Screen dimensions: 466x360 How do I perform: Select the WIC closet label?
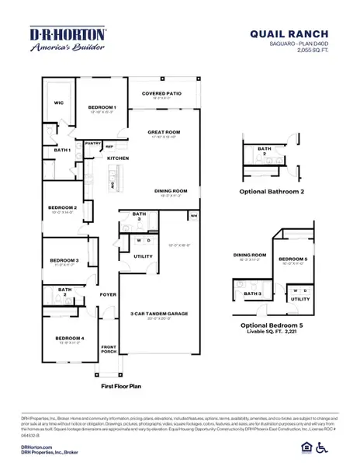tap(58, 102)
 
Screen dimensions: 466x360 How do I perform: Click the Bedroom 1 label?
tap(102, 107)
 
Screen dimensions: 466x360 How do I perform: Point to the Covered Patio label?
tap(161, 93)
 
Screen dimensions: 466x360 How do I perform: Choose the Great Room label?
tap(164, 132)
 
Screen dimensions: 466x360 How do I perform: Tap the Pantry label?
tap(93, 143)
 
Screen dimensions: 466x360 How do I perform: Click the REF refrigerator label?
tap(109, 146)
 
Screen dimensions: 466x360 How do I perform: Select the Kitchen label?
tap(118, 158)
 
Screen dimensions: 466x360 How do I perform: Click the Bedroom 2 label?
tap(62, 207)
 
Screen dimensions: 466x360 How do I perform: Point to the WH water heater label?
tap(193, 215)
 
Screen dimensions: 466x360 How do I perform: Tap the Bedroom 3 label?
tap(64, 260)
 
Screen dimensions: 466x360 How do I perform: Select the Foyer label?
tap(108, 294)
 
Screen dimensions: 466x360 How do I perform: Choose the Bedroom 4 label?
tap(69, 339)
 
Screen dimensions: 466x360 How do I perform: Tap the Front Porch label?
tap(109, 349)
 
